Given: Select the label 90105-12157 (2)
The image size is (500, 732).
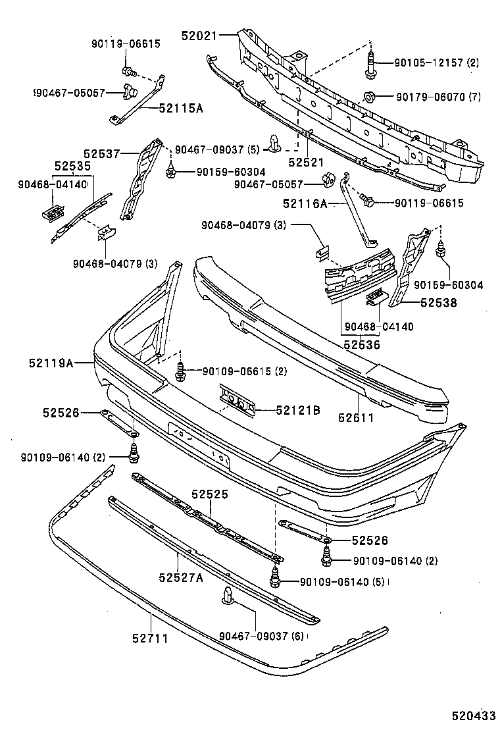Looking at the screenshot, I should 437,63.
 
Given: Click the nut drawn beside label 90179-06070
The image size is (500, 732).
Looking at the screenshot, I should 369,97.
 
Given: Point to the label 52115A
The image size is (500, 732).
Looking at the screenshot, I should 180,109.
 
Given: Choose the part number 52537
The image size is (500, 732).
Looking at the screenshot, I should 101,153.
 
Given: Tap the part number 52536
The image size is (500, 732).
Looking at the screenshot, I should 361,343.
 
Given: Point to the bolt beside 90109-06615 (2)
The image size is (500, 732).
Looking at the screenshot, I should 180,373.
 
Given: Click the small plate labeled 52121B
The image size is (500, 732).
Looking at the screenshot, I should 239,401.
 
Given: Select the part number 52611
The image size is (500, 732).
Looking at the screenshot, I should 356,417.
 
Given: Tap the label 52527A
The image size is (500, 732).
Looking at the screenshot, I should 180,577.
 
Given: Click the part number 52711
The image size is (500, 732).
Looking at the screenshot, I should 150,638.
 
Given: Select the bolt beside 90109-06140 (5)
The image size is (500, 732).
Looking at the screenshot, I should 276,580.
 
